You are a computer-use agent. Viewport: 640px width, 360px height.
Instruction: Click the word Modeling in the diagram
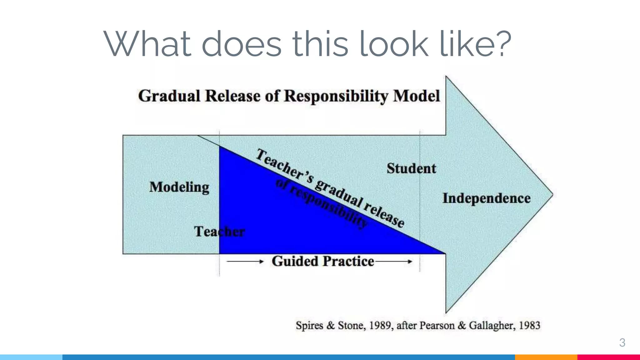(179, 187)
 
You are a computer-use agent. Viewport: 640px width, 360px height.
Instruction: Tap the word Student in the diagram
(411, 169)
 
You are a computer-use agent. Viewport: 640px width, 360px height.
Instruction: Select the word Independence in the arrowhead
(487, 198)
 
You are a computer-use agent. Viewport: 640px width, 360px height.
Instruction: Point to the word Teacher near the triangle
(219, 232)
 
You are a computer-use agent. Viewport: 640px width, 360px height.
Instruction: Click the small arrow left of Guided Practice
(245, 262)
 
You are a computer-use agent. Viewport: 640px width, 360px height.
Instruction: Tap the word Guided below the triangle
(295, 261)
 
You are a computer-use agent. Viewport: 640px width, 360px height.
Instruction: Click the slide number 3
(622, 342)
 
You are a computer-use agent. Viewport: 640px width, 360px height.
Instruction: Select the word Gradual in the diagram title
(169, 96)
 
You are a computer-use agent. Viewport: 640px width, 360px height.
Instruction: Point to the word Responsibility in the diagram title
(336, 96)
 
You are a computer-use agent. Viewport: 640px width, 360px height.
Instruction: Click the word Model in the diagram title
(417, 96)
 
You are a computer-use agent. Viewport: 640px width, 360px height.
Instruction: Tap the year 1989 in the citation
(380, 326)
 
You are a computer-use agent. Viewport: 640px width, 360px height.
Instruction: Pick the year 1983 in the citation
(529, 326)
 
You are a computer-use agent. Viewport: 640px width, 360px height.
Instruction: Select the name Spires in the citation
(309, 326)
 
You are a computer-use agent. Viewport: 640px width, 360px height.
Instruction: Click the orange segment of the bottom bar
(546, 357)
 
